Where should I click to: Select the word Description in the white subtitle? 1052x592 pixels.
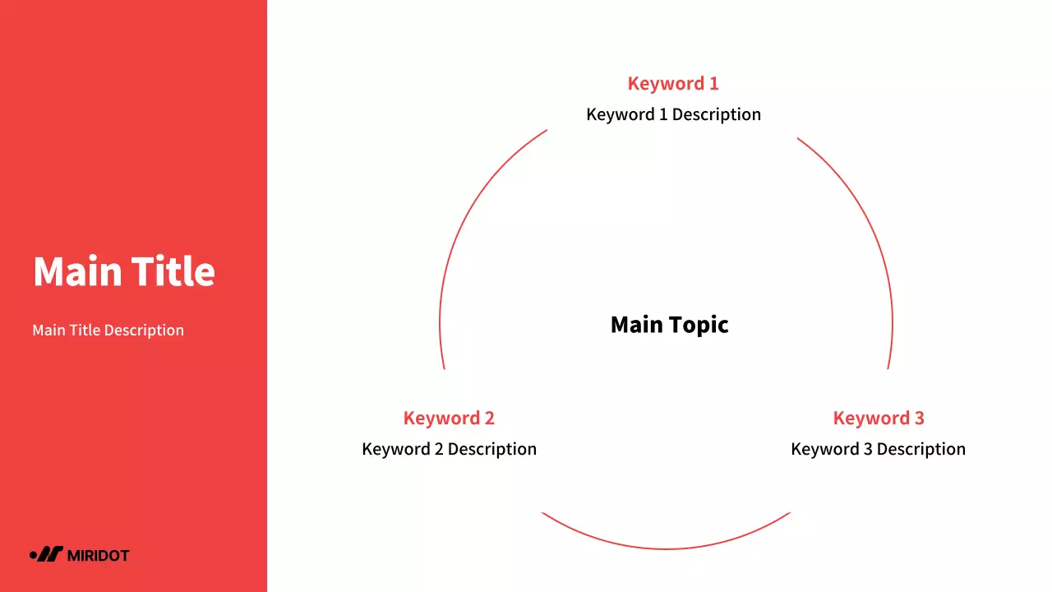click(x=145, y=331)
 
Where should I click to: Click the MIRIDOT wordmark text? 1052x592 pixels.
click(x=98, y=556)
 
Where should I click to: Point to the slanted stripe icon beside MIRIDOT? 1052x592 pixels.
click(x=51, y=554)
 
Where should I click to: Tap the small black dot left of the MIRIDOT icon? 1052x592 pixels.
click(x=33, y=555)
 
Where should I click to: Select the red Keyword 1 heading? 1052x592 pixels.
click(x=672, y=84)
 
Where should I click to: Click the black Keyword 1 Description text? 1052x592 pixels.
click(x=673, y=114)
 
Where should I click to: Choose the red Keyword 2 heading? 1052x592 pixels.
click(x=449, y=419)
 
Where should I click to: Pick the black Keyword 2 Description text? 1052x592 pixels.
click(x=449, y=450)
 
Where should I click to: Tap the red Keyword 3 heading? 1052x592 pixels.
click(x=878, y=419)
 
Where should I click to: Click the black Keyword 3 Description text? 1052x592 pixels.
click(x=878, y=450)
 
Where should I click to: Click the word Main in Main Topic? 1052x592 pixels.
click(x=636, y=325)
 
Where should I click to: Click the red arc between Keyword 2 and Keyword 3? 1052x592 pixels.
click(x=666, y=548)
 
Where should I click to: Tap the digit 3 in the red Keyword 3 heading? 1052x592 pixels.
click(x=919, y=419)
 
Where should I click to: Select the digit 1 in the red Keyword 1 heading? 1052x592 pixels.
click(x=713, y=84)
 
